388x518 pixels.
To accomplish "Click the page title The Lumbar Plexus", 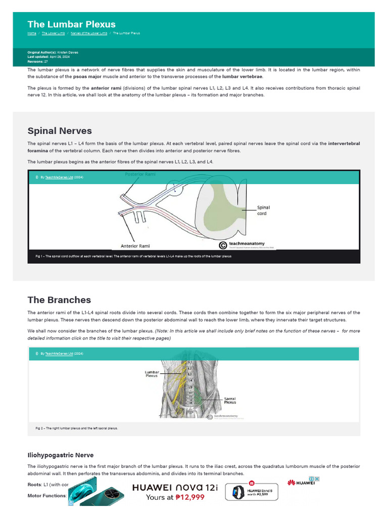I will (x=71, y=24).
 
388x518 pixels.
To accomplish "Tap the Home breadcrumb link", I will (x=32, y=33).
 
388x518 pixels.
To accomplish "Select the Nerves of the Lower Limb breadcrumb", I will (x=89, y=33).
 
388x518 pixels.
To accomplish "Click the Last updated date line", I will (x=51, y=57).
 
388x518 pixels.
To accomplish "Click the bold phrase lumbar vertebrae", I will (x=243, y=76).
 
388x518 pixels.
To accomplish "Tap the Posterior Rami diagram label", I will (x=140, y=174).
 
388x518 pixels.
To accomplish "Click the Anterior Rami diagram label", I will (x=135, y=246).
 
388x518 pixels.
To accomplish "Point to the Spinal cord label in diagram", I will (x=263, y=210).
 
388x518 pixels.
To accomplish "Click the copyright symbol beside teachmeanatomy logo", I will (x=222, y=245).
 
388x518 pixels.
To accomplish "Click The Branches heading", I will (x=59, y=300).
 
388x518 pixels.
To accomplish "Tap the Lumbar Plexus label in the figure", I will (x=152, y=374).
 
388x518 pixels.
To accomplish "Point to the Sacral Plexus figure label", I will (x=230, y=401).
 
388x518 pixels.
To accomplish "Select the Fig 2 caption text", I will (x=76, y=428).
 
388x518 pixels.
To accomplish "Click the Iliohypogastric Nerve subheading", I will (x=60, y=455).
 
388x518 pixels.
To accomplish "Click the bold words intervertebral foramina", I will (x=344, y=144).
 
